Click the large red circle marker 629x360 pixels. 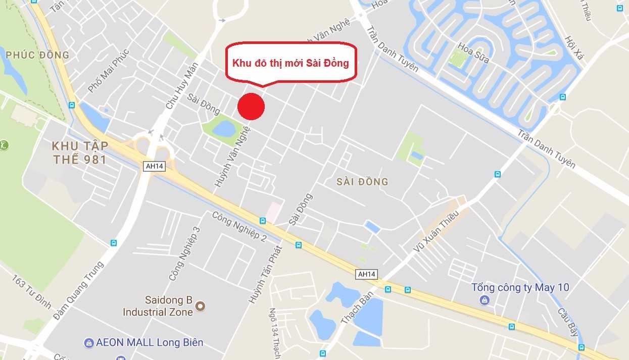click(x=251, y=107)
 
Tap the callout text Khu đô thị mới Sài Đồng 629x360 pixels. click(x=291, y=64)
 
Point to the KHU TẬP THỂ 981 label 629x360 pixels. click(x=80, y=152)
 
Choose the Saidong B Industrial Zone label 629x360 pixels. click(x=158, y=306)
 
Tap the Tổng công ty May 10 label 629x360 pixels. click(x=520, y=288)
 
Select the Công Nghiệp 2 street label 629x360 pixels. click(x=239, y=226)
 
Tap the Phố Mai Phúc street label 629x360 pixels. click(x=108, y=71)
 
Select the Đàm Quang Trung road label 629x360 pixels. click(x=78, y=291)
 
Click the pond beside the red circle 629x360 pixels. click(x=224, y=129)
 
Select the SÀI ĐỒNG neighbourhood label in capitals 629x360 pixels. click(x=362, y=182)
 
